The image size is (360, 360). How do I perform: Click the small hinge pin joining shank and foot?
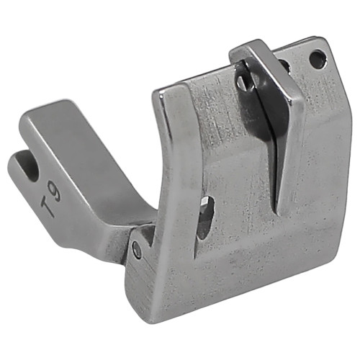click(137, 250)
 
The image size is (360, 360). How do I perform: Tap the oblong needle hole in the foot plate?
click(206, 217)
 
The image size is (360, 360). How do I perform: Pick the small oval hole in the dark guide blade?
click(243, 82)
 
